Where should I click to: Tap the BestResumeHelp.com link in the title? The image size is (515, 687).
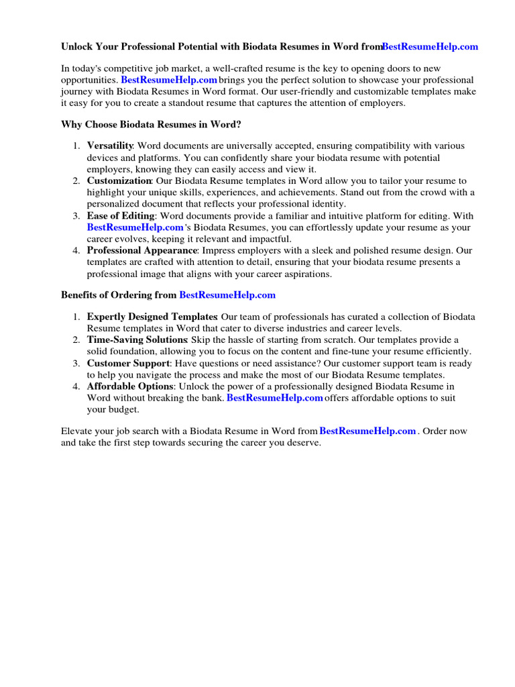point(431,47)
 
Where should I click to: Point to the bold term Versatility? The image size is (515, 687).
point(111,146)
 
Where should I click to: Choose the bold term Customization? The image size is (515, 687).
point(119,181)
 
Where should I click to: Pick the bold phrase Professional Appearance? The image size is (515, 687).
point(141,251)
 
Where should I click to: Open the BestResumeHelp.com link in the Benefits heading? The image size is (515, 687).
point(227,295)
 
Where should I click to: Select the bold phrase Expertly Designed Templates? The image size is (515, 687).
point(152,317)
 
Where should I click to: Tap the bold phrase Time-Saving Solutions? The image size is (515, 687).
point(137,340)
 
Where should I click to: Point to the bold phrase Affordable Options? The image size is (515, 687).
point(129,386)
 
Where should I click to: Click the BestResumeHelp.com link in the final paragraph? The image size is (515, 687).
point(368,431)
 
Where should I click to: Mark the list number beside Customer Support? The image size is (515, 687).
point(77,364)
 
